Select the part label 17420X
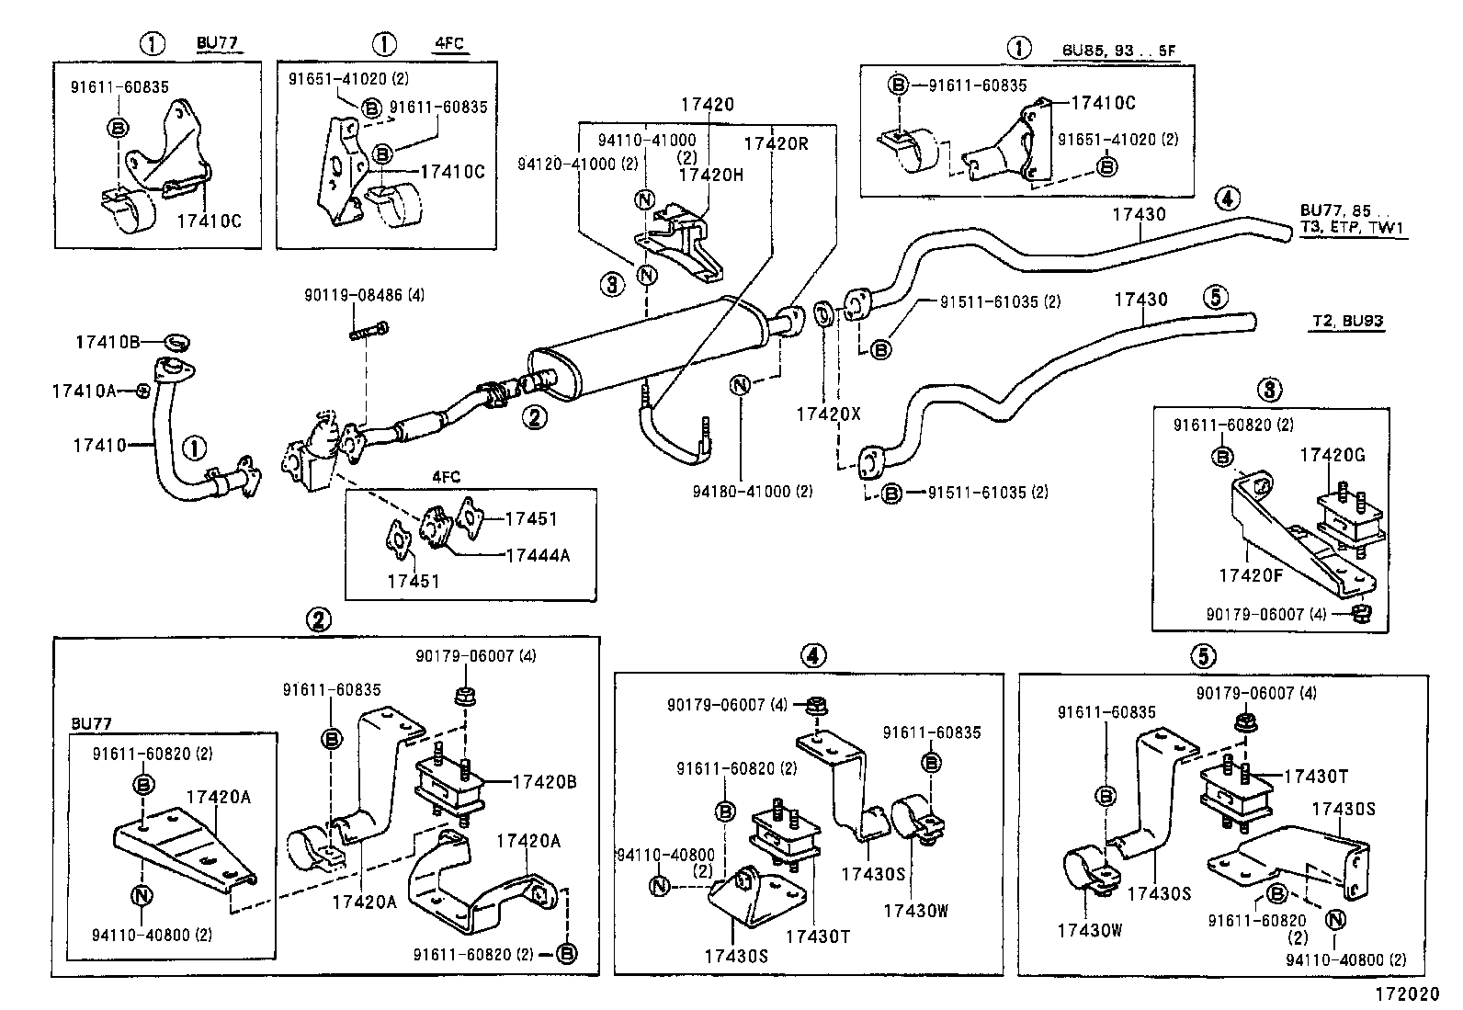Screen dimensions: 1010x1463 click(828, 414)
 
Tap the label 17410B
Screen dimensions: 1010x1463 click(108, 342)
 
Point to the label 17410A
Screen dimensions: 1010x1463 click(84, 391)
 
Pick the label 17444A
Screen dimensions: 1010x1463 click(538, 555)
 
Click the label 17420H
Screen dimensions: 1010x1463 click(710, 174)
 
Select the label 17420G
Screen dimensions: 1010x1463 click(1332, 455)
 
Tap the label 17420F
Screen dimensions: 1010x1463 click(1251, 575)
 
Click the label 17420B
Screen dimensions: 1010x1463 click(544, 782)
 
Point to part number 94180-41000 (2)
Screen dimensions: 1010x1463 click(753, 492)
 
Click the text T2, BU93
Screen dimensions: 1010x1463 click(1346, 322)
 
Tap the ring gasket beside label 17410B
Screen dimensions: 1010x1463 click(177, 343)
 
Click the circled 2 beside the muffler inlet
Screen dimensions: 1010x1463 click(534, 417)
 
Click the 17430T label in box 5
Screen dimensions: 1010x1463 click(1315, 776)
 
